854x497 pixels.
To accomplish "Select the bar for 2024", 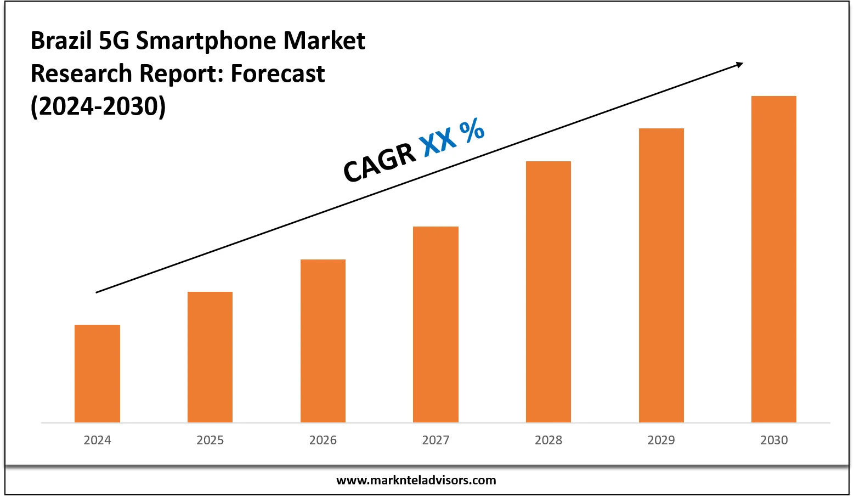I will tap(97, 374).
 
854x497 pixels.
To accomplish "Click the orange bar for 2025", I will tap(210, 357).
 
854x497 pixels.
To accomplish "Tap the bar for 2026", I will tap(323, 341).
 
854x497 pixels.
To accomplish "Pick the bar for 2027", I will tap(436, 324).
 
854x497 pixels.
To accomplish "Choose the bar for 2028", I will tap(548, 292).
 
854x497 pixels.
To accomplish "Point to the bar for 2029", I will tap(661, 275).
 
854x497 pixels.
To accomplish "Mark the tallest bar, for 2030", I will tap(774, 259).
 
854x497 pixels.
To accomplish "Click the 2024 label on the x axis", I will tap(97, 440).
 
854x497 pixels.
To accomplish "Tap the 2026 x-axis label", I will tap(323, 440).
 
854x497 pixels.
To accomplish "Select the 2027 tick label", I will tap(436, 440).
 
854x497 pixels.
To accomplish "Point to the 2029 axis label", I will tap(661, 440).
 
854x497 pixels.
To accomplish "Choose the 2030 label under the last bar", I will tap(774, 440).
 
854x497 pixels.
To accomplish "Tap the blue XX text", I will tap(438, 139).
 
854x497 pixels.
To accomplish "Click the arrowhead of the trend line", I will tap(740, 65).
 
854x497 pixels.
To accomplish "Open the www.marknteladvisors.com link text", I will tap(416, 481).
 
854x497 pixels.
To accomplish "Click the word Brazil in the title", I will tap(61, 41).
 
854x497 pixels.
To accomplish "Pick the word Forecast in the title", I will tap(278, 74).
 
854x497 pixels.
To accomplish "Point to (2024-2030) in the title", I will tap(98, 106).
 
